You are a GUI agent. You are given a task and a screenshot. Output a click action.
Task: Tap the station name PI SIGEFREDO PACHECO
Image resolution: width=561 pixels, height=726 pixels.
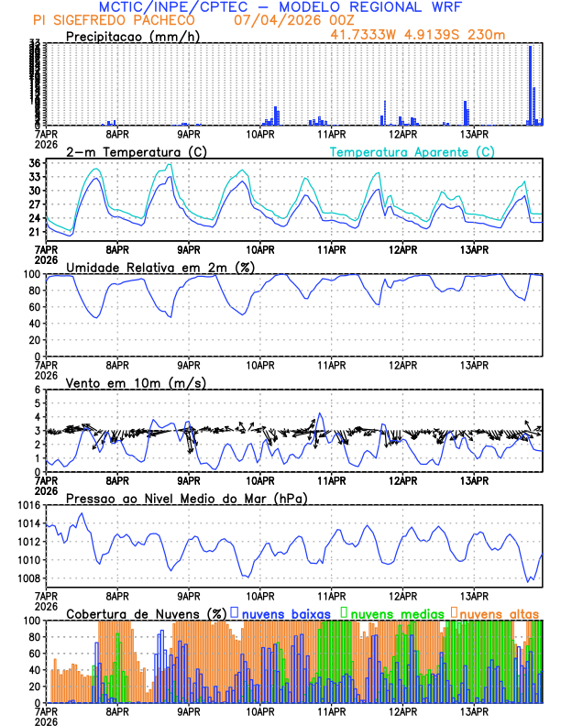coord(114,20)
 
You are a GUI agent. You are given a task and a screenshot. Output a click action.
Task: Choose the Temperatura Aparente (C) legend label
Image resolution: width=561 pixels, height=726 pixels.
coord(412,151)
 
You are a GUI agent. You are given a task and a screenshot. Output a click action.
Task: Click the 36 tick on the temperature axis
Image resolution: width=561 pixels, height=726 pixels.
coord(33,163)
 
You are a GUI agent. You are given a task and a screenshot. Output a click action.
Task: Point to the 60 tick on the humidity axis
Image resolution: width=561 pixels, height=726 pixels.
coord(33,306)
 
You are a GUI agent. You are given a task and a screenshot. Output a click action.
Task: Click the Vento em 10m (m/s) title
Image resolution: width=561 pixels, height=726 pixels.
coord(137,382)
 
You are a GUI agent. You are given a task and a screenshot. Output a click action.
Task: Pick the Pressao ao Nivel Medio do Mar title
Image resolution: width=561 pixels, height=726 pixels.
coord(187,498)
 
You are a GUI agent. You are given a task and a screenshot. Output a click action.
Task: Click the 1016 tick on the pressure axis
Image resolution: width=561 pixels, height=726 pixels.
coord(27,505)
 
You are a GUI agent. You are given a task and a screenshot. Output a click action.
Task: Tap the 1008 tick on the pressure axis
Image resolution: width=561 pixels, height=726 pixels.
coord(27,578)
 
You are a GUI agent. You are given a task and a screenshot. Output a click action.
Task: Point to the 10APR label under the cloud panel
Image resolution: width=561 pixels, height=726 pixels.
coord(260,711)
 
